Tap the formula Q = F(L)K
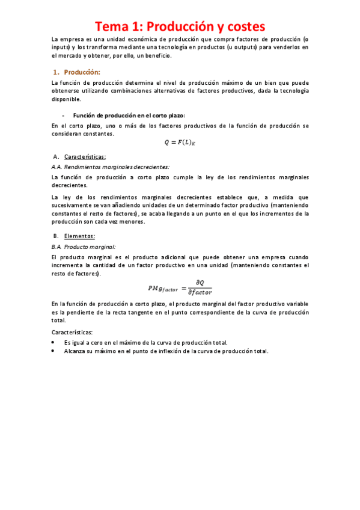point(180,143)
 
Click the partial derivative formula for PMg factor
point(180,287)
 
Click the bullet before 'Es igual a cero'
point(55,342)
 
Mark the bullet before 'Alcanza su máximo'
point(55,351)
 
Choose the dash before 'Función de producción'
point(63,115)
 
